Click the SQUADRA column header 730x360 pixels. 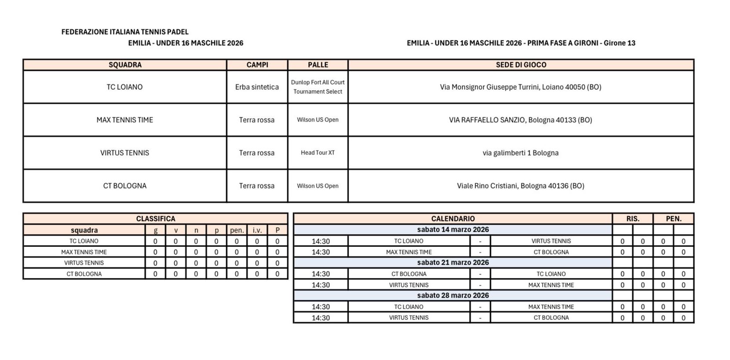125,65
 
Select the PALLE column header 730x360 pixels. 318,65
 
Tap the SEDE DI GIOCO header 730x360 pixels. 521,65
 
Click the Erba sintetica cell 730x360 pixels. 257,87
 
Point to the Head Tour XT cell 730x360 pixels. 318,153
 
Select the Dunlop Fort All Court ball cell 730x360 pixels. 318,87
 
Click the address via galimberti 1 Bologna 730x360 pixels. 521,153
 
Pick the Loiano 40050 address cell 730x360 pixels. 521,87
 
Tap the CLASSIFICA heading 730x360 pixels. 155,219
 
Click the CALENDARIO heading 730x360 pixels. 453,219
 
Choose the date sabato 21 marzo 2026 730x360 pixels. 453,262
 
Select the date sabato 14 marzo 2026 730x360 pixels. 453,229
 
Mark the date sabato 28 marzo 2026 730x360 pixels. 453,295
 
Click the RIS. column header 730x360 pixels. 633,219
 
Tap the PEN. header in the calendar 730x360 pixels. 673,219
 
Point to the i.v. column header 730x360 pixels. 257,230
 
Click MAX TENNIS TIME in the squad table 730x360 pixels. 125,120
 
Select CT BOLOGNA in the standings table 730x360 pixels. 84,274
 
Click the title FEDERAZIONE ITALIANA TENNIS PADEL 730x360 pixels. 125,32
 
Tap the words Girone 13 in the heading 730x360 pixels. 620,43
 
